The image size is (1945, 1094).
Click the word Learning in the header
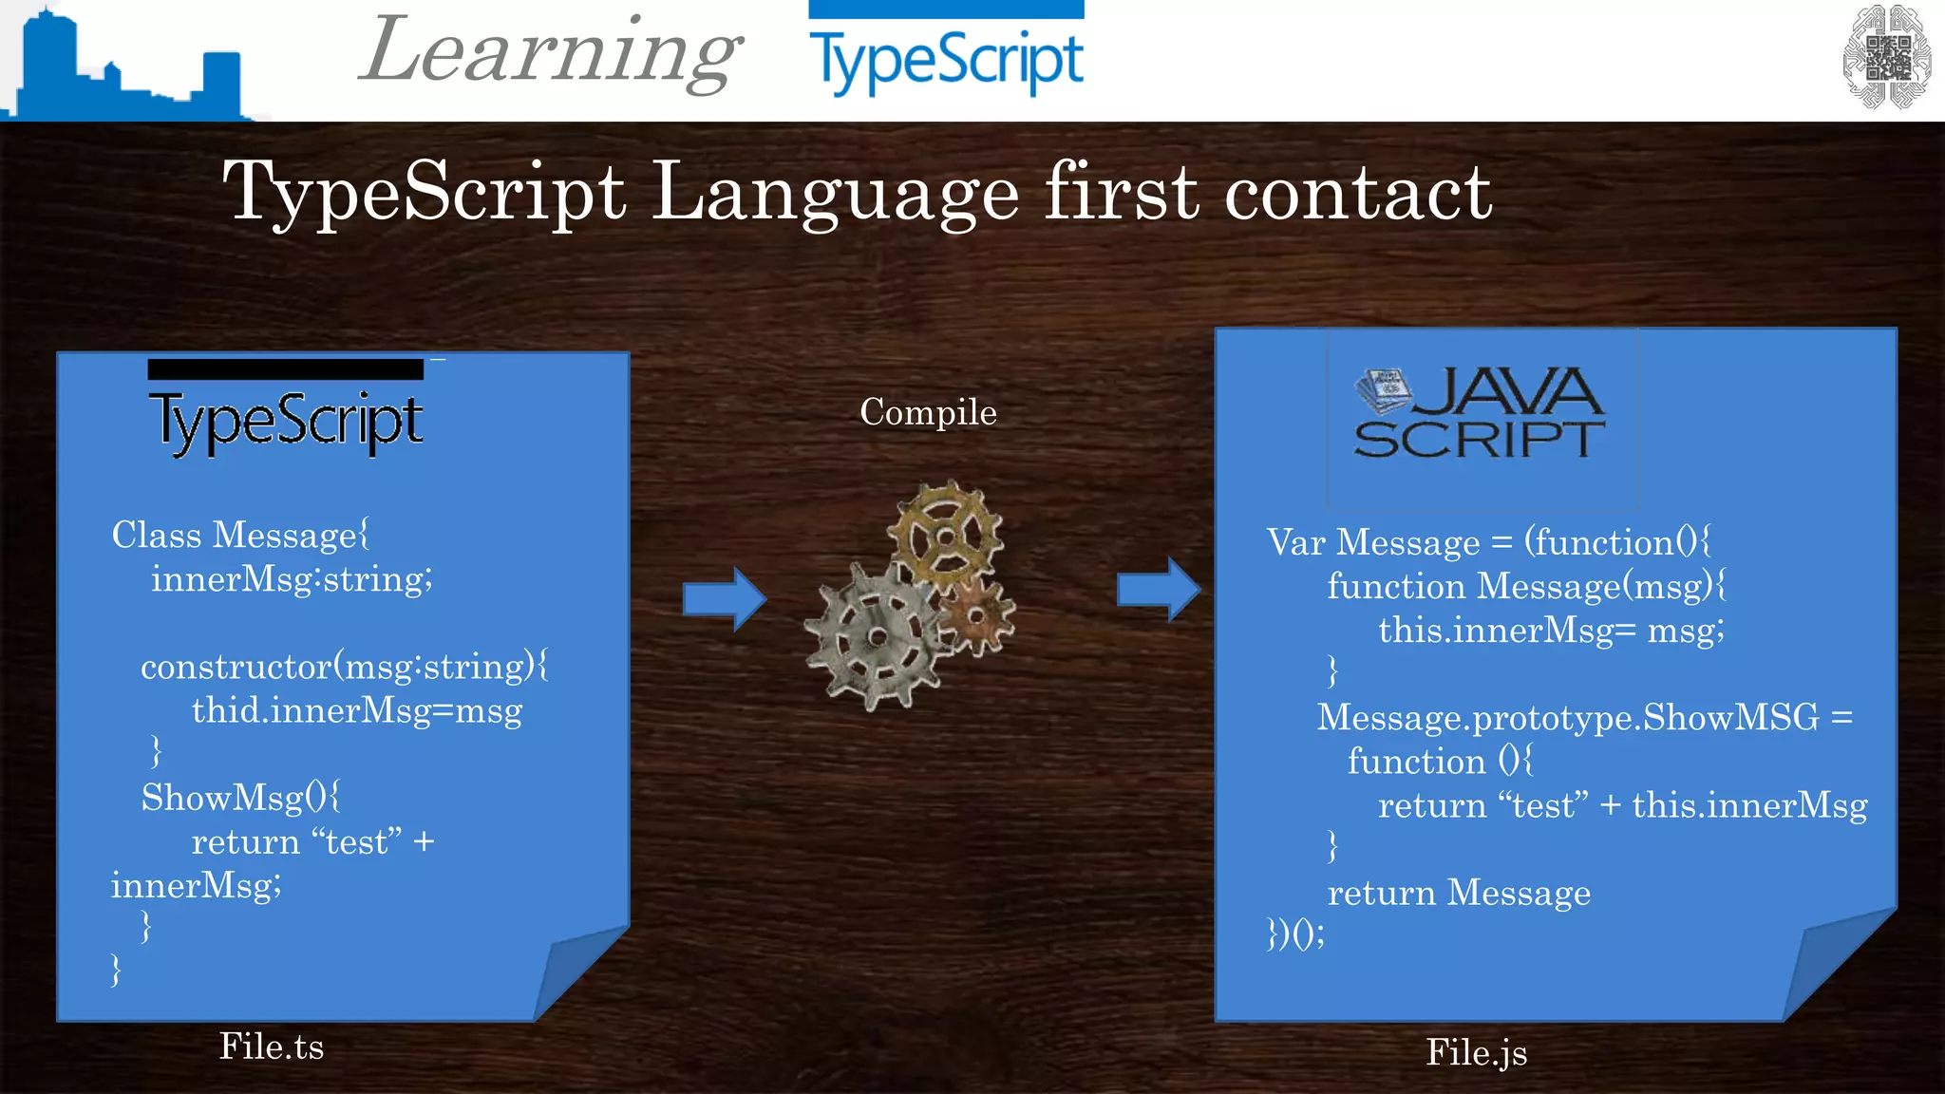pos(551,52)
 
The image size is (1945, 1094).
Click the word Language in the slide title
pos(836,193)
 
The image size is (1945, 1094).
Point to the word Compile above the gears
pos(928,412)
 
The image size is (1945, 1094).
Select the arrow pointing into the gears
pos(724,598)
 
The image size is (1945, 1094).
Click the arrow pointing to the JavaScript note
pos(1159,590)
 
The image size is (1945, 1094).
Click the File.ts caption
pos(272,1047)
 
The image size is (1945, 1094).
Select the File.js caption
pos(1477,1052)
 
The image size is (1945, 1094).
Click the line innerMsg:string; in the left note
pos(292,579)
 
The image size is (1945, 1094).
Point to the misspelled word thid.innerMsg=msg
pos(357,710)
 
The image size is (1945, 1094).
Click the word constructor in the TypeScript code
pos(236,667)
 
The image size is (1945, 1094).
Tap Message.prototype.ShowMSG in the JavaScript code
pos(1568,717)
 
